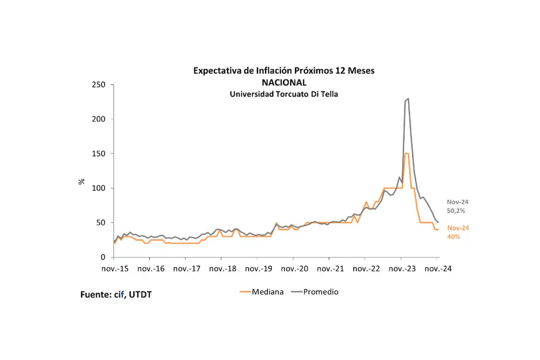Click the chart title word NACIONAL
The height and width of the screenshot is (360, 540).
pyautogui.click(x=284, y=82)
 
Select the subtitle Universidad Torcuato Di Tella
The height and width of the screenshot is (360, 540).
pyautogui.click(x=284, y=94)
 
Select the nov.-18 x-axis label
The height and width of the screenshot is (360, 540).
pyautogui.click(x=222, y=269)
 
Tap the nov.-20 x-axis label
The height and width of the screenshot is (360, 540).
pyautogui.click(x=294, y=269)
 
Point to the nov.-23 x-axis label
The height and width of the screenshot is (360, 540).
pyautogui.click(x=402, y=269)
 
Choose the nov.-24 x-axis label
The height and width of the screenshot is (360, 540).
pyautogui.click(x=438, y=269)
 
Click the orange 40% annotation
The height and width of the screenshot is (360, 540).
pyautogui.click(x=454, y=236)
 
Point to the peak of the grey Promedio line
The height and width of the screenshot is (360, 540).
pyautogui.click(x=408, y=99)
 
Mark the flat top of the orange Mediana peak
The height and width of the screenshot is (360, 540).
pyautogui.click(x=406, y=154)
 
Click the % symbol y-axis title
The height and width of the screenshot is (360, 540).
pyautogui.click(x=82, y=181)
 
